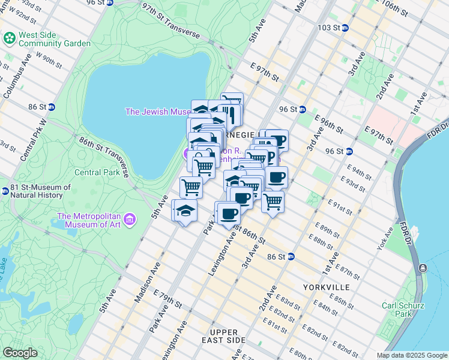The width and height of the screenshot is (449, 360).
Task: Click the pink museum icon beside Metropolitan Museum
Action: pos(131,220)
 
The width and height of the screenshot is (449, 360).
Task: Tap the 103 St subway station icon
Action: pos(345,28)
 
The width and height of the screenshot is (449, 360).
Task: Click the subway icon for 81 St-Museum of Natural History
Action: pos(4,191)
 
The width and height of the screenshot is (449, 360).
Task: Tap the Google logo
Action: pos(20,353)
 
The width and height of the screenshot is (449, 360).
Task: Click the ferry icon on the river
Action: pos(424,268)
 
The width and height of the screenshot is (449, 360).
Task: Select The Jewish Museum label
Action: pos(157,112)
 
